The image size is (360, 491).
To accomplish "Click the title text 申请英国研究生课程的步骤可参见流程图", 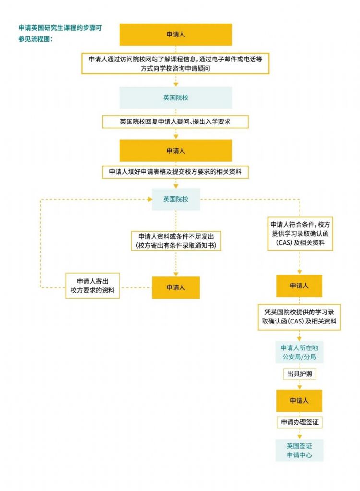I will pyautogui.click(x=60, y=33).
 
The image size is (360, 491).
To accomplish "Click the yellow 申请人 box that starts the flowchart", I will pyautogui.click(x=176, y=35).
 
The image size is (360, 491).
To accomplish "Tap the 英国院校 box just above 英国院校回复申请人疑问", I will pyautogui.click(x=176, y=97).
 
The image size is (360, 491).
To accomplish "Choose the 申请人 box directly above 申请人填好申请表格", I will pyautogui.click(x=176, y=150).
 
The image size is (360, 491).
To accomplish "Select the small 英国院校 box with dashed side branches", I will pyautogui.click(x=176, y=199).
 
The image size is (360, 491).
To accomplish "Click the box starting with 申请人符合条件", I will pyautogui.click(x=300, y=234).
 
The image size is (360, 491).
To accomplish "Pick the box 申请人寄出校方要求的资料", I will pyautogui.click(x=92, y=286).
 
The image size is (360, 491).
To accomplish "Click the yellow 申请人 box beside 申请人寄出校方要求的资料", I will pyautogui.click(x=176, y=287).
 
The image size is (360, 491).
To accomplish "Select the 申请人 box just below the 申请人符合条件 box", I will pyautogui.click(x=299, y=286).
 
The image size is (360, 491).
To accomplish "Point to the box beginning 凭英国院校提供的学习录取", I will pyautogui.click(x=299, y=317).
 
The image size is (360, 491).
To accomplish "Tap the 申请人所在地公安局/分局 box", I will pyautogui.click(x=299, y=353).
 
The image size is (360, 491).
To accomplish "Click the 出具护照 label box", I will pyautogui.click(x=299, y=373).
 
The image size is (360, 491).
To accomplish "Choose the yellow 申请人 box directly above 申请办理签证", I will pyautogui.click(x=299, y=400).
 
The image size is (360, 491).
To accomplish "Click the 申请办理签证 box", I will pyautogui.click(x=299, y=422).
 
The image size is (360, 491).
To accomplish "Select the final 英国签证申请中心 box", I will pyautogui.click(x=299, y=450).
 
